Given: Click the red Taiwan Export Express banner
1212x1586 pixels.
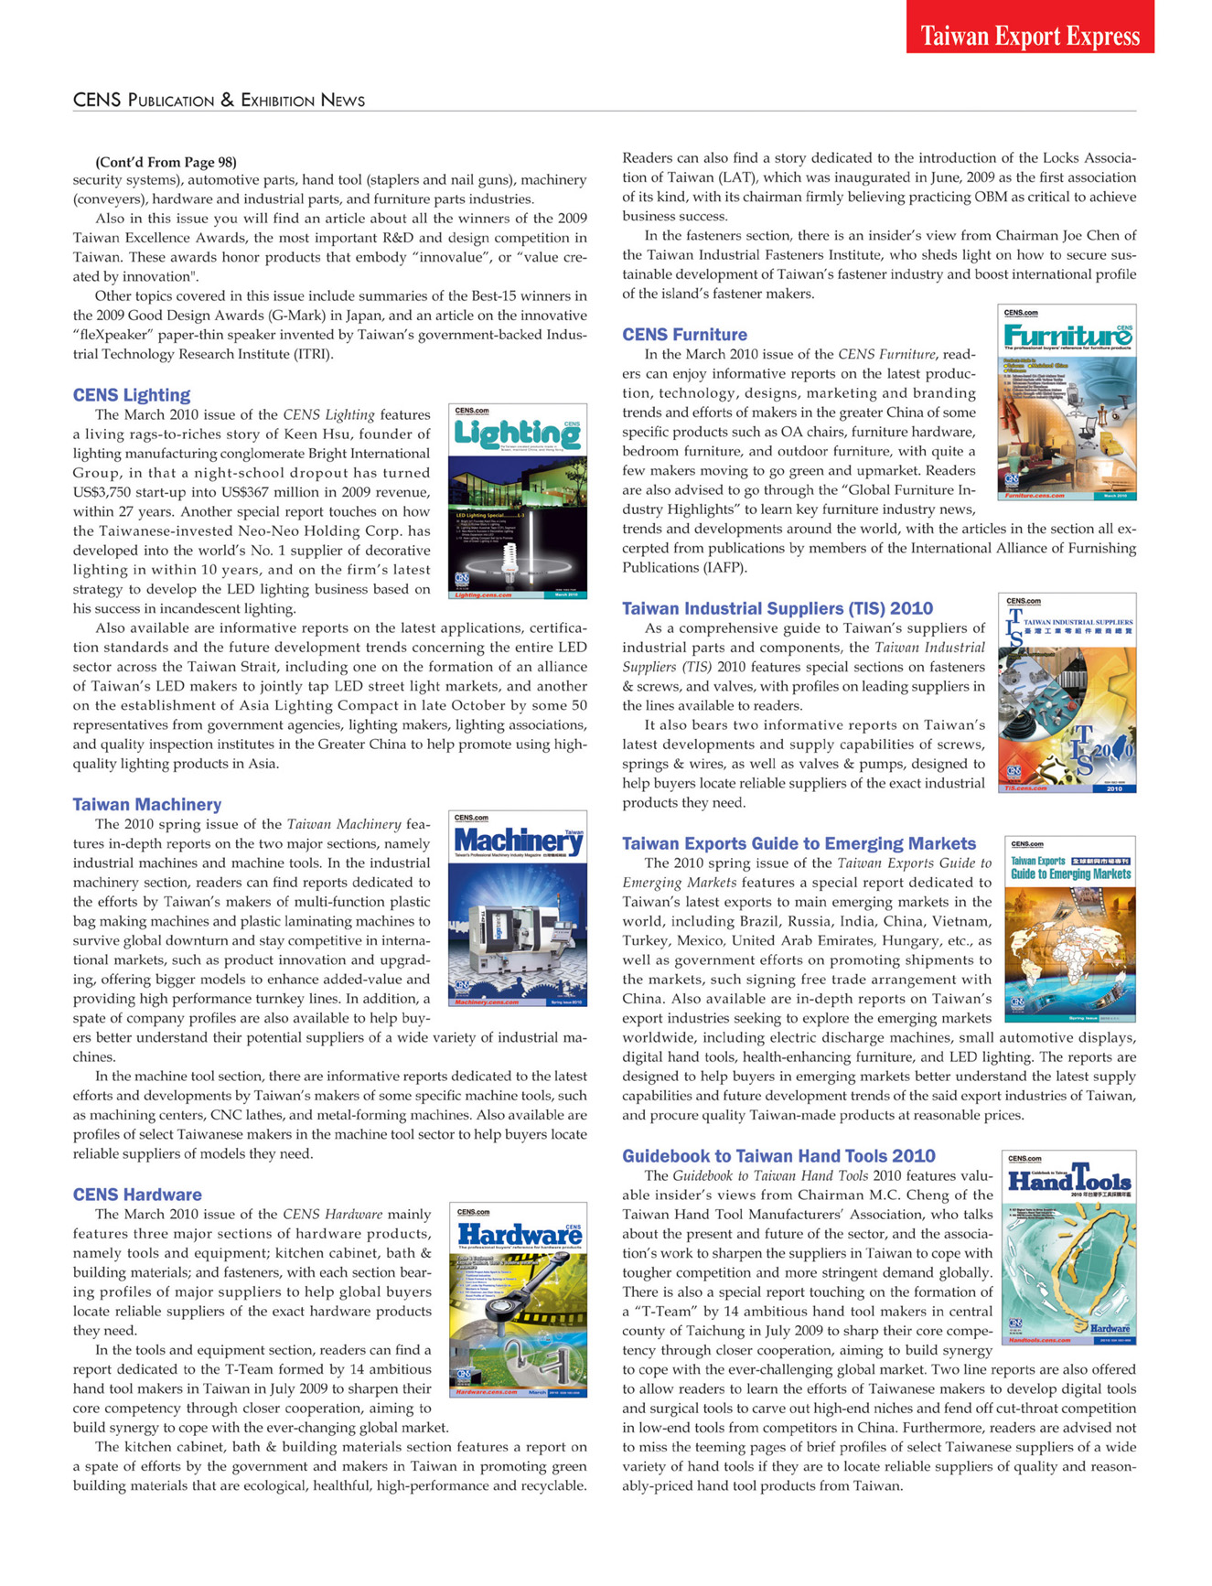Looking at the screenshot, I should pos(1030,36).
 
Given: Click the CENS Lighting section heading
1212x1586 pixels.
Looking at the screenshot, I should pos(132,395).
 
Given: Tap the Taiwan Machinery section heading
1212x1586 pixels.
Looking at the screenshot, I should pos(147,804).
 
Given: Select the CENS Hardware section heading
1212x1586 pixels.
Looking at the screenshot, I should pos(137,1195).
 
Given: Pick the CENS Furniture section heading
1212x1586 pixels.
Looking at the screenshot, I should pos(684,335).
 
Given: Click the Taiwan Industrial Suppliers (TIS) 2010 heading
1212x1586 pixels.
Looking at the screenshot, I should pos(778,608).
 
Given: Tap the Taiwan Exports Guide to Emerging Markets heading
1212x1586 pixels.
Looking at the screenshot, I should pos(799,843).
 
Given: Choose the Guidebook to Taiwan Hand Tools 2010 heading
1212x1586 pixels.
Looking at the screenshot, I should pos(778,1156).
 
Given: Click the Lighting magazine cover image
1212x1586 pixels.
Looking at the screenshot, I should pos(519,501).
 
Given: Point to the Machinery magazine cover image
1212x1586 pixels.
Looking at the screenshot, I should pos(519,907).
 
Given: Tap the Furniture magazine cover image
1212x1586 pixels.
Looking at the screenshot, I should pos(1067,402).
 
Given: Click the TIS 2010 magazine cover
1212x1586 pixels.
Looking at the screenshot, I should pos(1067,692).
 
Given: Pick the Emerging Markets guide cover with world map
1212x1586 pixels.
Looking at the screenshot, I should pos(1069,928).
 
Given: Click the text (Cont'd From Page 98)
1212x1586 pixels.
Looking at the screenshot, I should pos(166,162).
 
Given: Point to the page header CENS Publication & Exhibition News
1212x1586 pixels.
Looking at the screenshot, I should pos(219,100).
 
